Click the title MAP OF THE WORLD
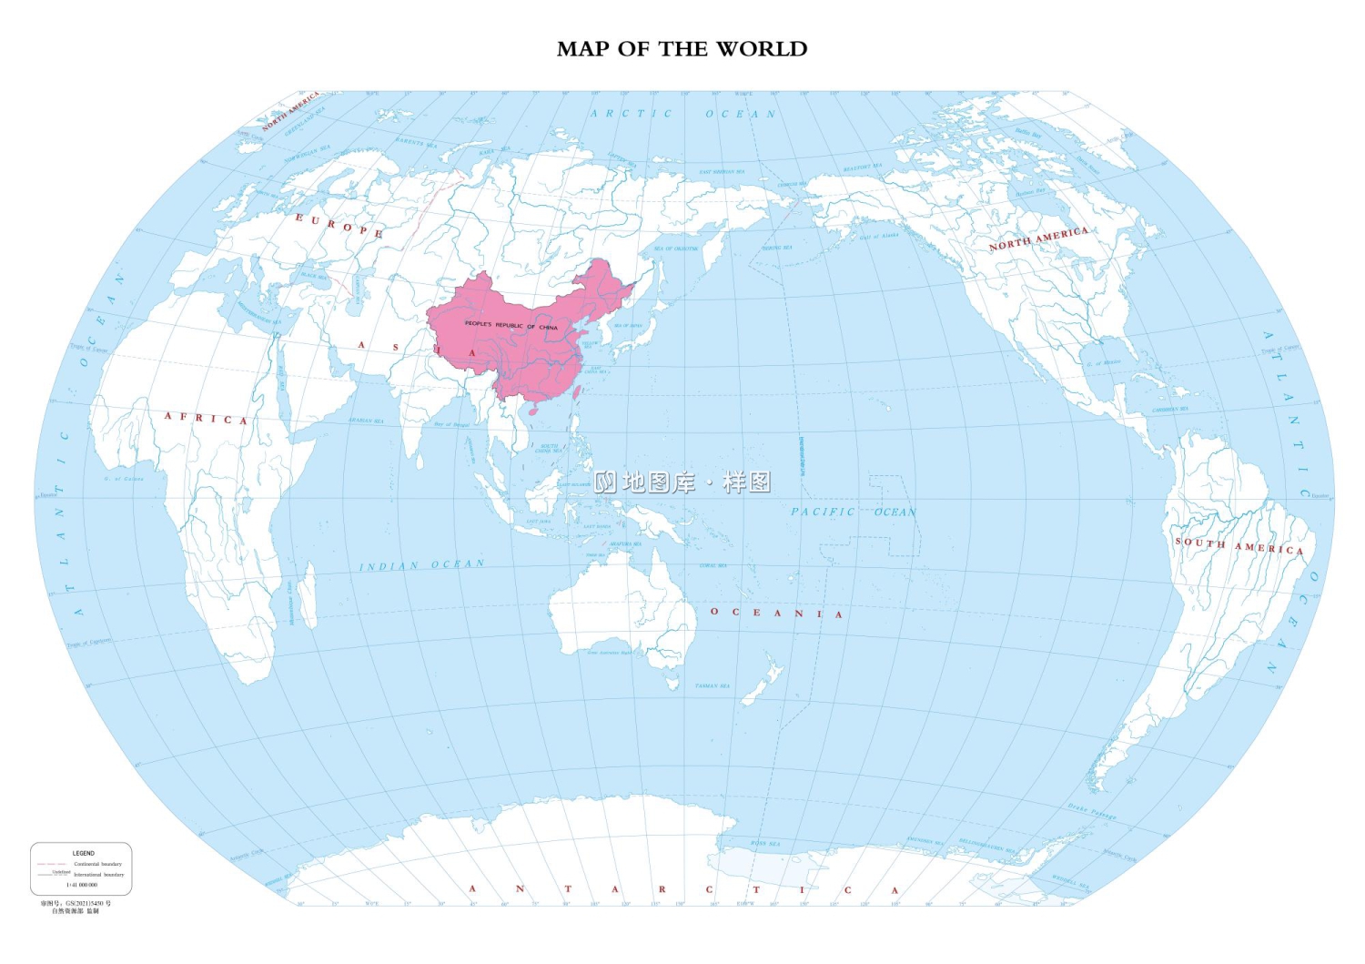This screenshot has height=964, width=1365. click(x=682, y=49)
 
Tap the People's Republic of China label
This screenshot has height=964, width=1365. click(x=511, y=325)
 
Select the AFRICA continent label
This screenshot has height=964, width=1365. click(x=206, y=419)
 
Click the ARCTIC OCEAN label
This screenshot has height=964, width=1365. click(x=682, y=114)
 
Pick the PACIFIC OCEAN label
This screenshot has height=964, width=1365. click(x=853, y=512)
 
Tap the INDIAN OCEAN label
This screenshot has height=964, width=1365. click(x=421, y=565)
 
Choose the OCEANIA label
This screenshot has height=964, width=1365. click(x=776, y=613)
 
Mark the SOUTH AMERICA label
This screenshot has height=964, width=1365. click(x=1239, y=546)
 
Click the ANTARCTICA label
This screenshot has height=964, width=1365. click(x=682, y=889)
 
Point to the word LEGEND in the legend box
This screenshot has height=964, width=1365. click(x=83, y=853)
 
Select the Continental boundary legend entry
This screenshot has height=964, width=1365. click(x=97, y=864)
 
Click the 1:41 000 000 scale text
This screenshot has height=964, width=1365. click(x=82, y=884)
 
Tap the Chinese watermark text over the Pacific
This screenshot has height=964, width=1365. click(x=682, y=482)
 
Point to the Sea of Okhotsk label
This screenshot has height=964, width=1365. click(x=676, y=249)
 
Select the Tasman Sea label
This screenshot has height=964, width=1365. click(x=713, y=685)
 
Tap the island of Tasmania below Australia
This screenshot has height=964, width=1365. click(x=672, y=681)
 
